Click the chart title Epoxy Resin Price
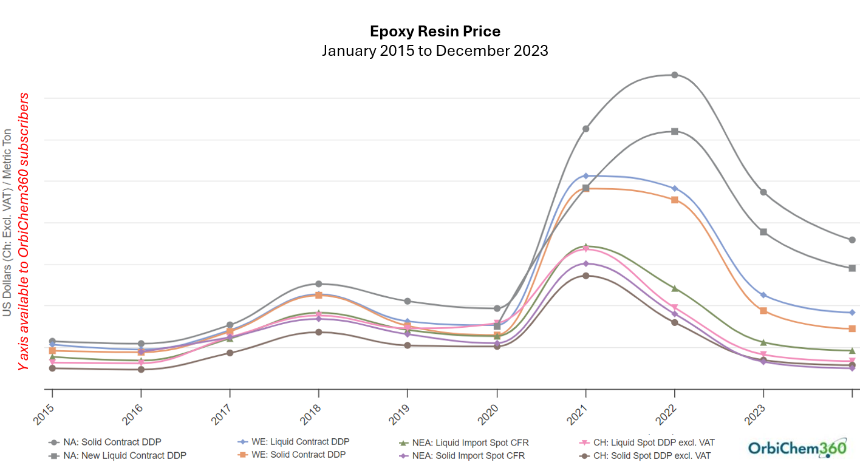coord(435,31)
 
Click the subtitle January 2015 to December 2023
coord(435,50)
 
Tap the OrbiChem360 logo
coord(796,448)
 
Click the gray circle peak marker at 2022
coord(674,75)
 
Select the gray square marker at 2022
coord(674,131)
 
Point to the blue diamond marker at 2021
coord(585,175)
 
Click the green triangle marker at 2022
coord(674,288)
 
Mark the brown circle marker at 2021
coord(585,276)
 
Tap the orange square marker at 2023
coord(763,311)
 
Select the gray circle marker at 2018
coord(318,283)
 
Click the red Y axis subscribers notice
coord(23,231)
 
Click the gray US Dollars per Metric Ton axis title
coord(7,222)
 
